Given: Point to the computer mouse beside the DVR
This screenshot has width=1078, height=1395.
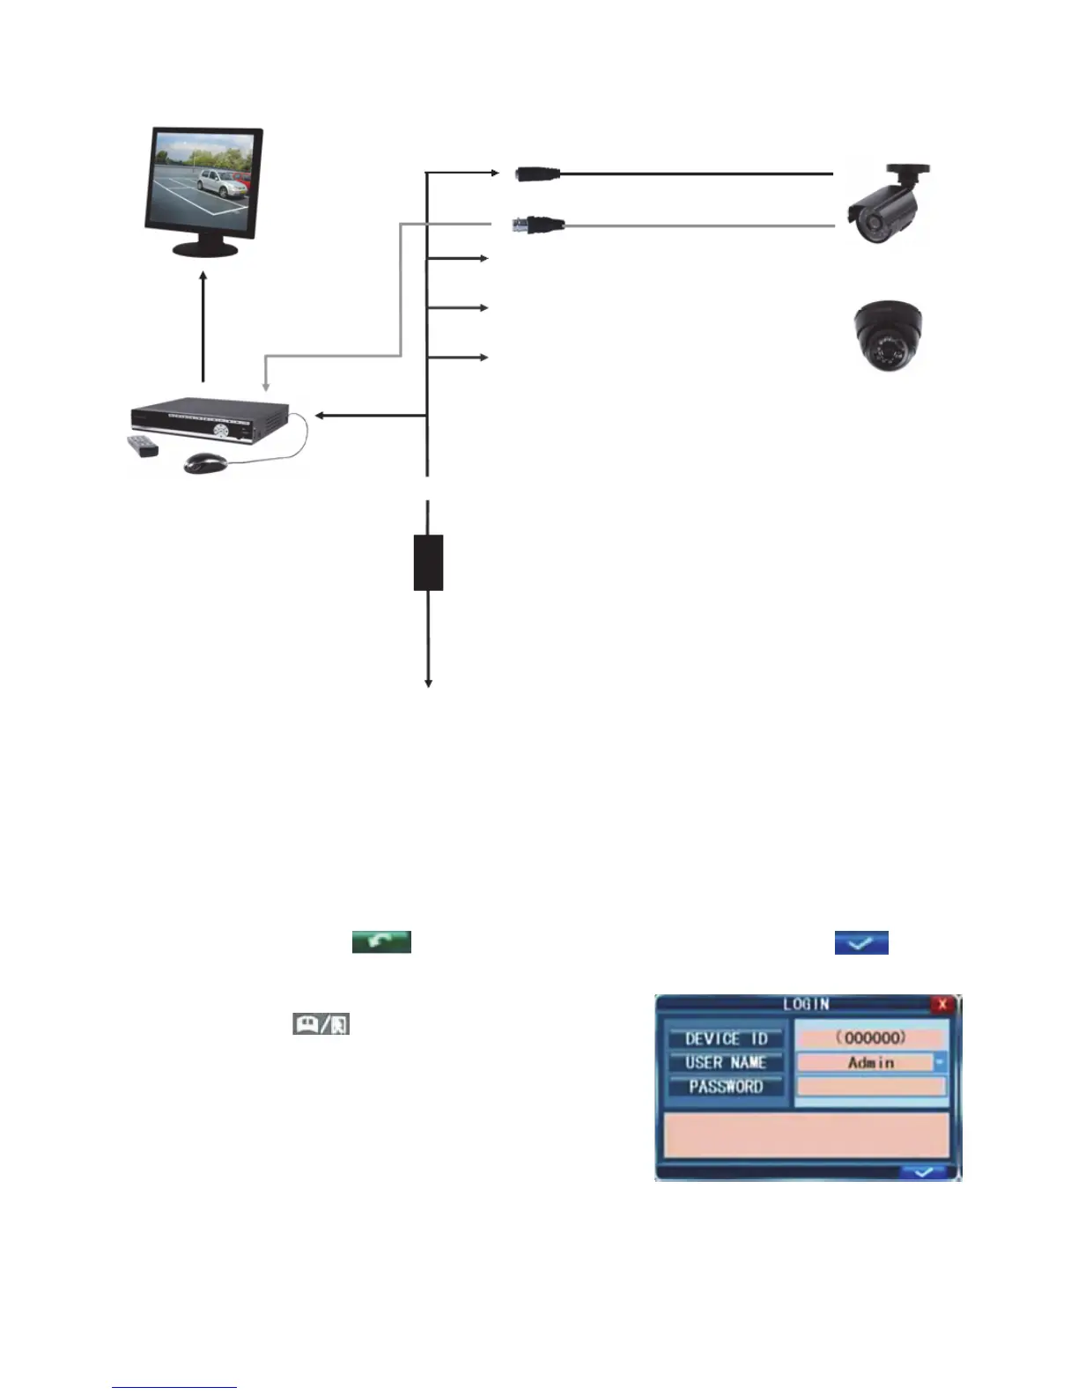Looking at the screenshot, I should (x=205, y=462).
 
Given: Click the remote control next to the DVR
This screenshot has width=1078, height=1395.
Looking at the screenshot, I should (x=141, y=446).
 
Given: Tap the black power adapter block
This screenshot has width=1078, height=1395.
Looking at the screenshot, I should (x=428, y=562).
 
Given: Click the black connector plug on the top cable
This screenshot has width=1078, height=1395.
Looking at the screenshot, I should (x=538, y=173).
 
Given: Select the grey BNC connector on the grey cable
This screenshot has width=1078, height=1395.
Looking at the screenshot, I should (x=539, y=225).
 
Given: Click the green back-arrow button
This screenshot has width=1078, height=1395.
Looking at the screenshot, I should (x=381, y=941).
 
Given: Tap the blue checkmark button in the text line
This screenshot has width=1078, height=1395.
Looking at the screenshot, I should (x=861, y=942).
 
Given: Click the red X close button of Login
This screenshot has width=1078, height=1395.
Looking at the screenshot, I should (x=942, y=1004).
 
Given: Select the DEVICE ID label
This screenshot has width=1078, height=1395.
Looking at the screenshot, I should (x=726, y=1038).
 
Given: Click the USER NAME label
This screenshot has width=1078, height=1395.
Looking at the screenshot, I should (x=726, y=1063).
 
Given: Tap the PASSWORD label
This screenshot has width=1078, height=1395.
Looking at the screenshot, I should (x=726, y=1087).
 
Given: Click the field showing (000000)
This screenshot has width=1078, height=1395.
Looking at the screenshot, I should (x=870, y=1037).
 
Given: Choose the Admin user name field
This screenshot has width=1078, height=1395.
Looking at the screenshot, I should (x=865, y=1063).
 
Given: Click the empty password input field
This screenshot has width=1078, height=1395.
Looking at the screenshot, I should (x=870, y=1087).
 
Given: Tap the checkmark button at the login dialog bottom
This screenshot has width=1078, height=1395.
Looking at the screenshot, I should (x=923, y=1172).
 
